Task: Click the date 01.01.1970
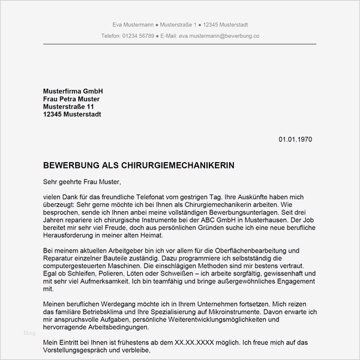(295, 139)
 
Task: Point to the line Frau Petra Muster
(71, 99)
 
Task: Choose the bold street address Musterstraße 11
(68, 107)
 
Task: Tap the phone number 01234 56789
(138, 36)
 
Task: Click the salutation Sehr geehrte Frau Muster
(82, 181)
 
